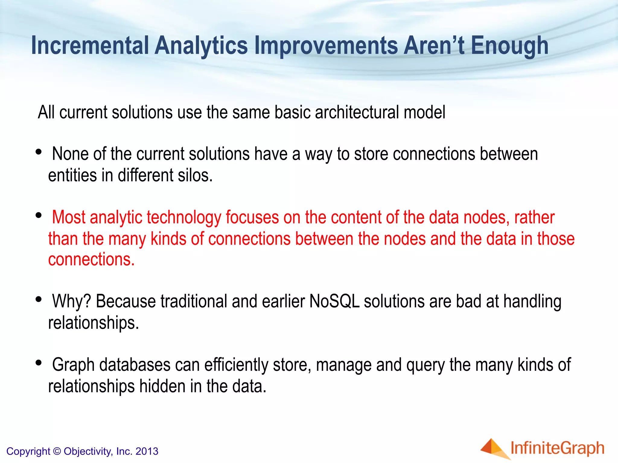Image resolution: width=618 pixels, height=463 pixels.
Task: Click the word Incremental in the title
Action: (x=90, y=46)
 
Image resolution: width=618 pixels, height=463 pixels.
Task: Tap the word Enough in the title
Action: (x=509, y=46)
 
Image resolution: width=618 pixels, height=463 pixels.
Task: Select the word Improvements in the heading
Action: (x=326, y=46)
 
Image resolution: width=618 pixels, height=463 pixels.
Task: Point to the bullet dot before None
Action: (x=38, y=152)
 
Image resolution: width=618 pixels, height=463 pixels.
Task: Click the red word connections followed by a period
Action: (x=91, y=260)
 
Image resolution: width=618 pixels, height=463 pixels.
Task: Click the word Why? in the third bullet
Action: (x=71, y=301)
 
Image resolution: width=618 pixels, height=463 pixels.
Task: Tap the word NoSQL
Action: (x=334, y=301)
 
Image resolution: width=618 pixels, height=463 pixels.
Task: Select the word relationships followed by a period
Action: (x=94, y=323)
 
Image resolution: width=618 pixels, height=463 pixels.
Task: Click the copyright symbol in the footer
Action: (x=57, y=451)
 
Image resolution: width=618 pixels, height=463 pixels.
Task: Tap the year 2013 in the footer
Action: (x=147, y=451)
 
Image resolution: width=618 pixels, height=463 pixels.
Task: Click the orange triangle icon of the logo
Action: (x=493, y=448)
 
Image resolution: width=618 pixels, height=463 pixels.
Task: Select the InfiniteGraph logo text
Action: (x=557, y=448)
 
